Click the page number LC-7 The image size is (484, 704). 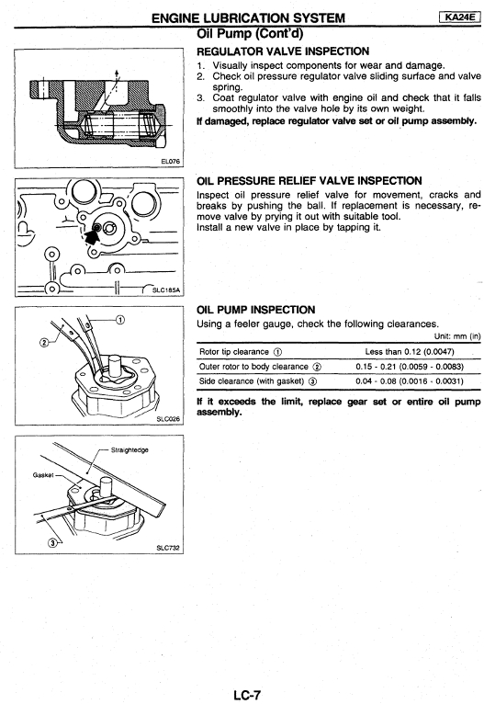[x=246, y=696]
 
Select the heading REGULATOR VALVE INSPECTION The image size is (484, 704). [x=283, y=51]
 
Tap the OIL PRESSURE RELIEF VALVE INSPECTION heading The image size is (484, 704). [x=310, y=180]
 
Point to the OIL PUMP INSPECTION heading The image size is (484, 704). [x=255, y=310]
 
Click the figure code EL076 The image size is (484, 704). [x=171, y=161]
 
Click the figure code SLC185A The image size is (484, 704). [x=166, y=290]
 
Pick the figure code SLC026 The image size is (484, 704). [x=168, y=419]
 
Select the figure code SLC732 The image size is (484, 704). [x=168, y=548]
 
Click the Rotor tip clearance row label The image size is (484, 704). [x=241, y=352]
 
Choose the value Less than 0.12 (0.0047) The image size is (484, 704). [x=409, y=352]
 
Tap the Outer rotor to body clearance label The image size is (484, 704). [x=260, y=367]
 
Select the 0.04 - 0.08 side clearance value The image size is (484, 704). [x=410, y=381]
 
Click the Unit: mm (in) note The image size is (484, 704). [x=457, y=335]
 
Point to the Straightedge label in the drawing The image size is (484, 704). [x=129, y=449]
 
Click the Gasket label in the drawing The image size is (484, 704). [x=43, y=474]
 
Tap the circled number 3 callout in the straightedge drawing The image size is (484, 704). [x=53, y=542]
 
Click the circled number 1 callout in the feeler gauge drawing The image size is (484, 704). [x=120, y=320]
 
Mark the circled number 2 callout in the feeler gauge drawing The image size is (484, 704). [x=44, y=343]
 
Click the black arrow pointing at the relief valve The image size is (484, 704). [x=94, y=234]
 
